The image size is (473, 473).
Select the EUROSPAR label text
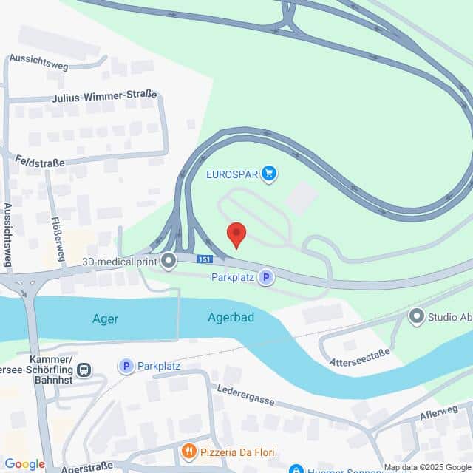coord(231,174)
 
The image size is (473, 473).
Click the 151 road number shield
coord(205,259)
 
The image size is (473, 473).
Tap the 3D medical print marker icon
coord(169,260)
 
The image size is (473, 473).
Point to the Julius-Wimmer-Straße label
coord(104,96)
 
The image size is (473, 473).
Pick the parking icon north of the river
coord(265,277)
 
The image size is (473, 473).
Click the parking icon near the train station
coord(126,366)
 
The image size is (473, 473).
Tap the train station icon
coord(84,370)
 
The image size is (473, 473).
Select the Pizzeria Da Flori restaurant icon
coord(188,450)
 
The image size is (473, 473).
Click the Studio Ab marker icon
coord(417,318)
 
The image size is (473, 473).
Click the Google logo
coord(24,464)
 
